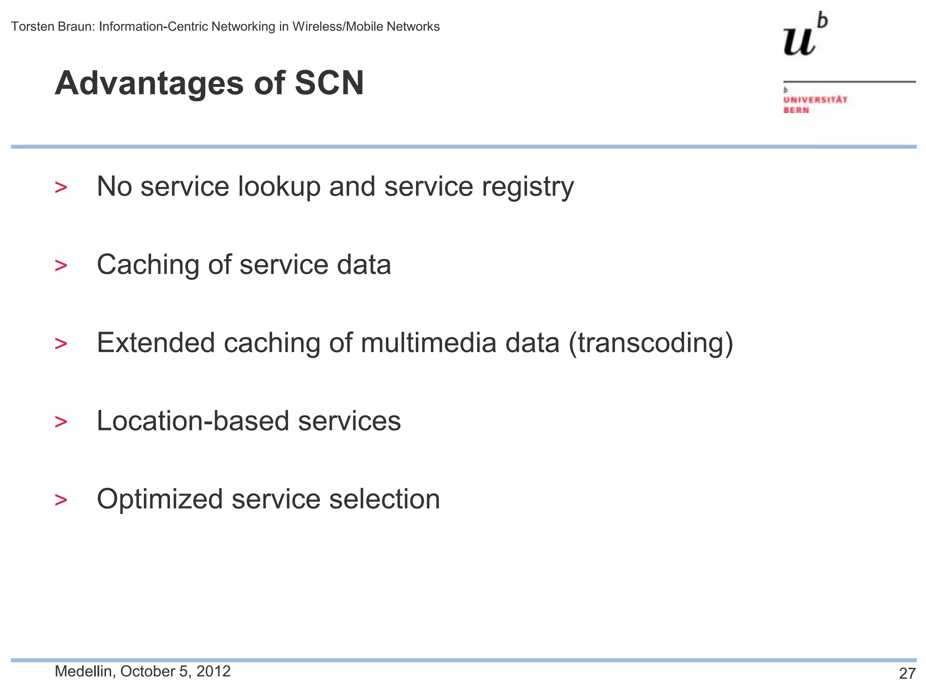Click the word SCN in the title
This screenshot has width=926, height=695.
(x=329, y=83)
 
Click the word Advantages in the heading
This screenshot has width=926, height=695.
(x=149, y=84)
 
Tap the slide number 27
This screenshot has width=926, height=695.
(x=907, y=674)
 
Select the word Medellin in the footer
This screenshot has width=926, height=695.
(x=84, y=671)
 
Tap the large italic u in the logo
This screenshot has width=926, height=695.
(x=799, y=41)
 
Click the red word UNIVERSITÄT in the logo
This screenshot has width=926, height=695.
(x=815, y=100)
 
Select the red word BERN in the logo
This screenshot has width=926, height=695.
(x=796, y=110)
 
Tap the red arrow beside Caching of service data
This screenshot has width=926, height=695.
(x=61, y=266)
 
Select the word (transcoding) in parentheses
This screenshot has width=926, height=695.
(x=651, y=343)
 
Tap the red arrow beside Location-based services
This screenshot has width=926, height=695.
(x=61, y=422)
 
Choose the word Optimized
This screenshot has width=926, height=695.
(x=160, y=500)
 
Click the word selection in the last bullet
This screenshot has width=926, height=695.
(x=384, y=499)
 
